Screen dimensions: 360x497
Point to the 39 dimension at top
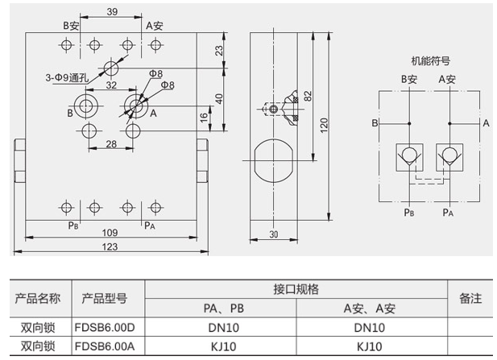coord(112,12)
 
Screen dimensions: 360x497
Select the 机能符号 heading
coord(430,60)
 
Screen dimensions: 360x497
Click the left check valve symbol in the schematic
coord(410,155)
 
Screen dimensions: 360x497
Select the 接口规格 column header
coord(296,288)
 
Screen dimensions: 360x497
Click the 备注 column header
coord(470,298)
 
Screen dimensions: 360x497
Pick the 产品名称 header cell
coord(38,298)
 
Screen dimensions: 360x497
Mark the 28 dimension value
coord(112,143)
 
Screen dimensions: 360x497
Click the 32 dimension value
coord(112,85)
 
